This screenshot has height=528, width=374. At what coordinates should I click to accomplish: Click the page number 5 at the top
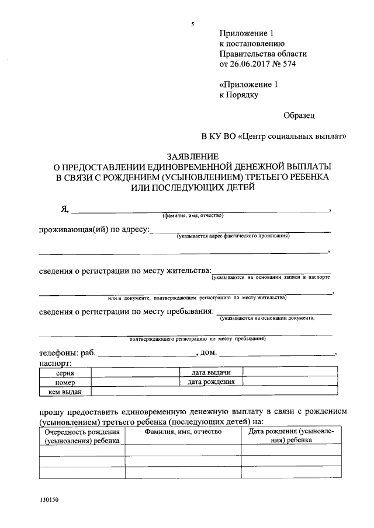[x=192, y=24]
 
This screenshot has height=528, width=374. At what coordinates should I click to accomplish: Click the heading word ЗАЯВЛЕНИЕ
[x=192, y=157]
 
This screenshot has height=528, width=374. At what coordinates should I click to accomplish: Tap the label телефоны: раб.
[x=67, y=353]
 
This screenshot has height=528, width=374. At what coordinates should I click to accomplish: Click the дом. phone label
[x=209, y=353]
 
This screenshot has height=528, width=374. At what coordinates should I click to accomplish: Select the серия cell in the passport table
[x=65, y=372]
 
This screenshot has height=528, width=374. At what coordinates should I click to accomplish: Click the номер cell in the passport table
[x=65, y=382]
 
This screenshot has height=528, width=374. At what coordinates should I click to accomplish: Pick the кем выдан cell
[x=65, y=392]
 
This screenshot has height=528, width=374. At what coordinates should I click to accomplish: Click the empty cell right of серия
[x=134, y=372]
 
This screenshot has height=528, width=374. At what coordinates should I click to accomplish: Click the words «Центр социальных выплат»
[x=293, y=137]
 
